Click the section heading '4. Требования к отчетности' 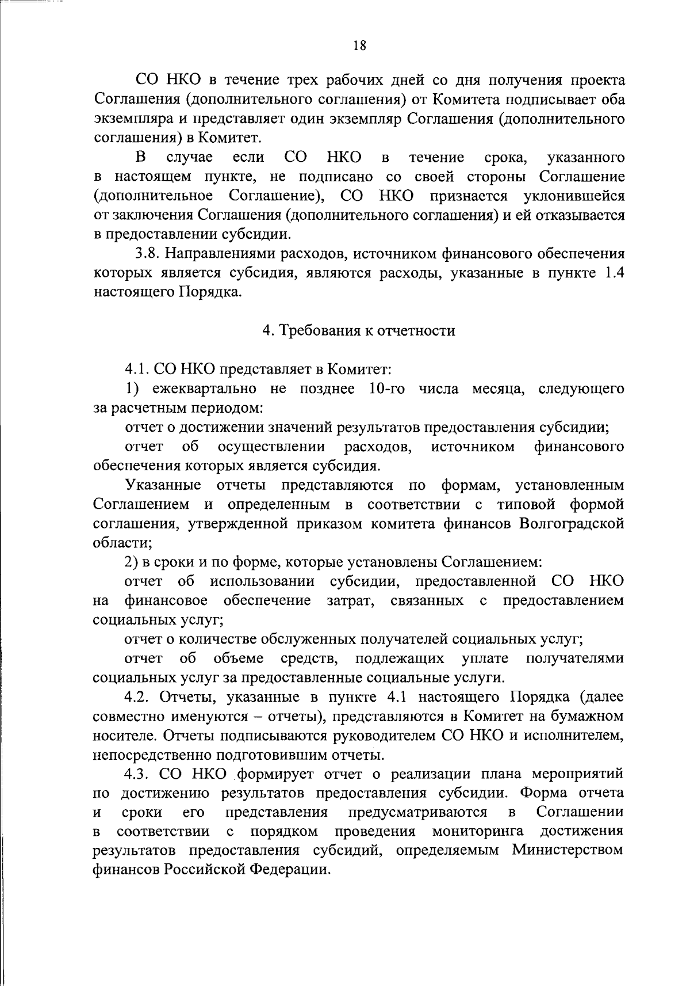[359, 330]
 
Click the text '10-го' [384, 389]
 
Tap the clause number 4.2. [137, 697]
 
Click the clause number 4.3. [137, 774]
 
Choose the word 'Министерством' [568, 850]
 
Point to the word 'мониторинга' [478, 831]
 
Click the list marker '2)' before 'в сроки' [132, 562]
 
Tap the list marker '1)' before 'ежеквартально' [132, 389]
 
